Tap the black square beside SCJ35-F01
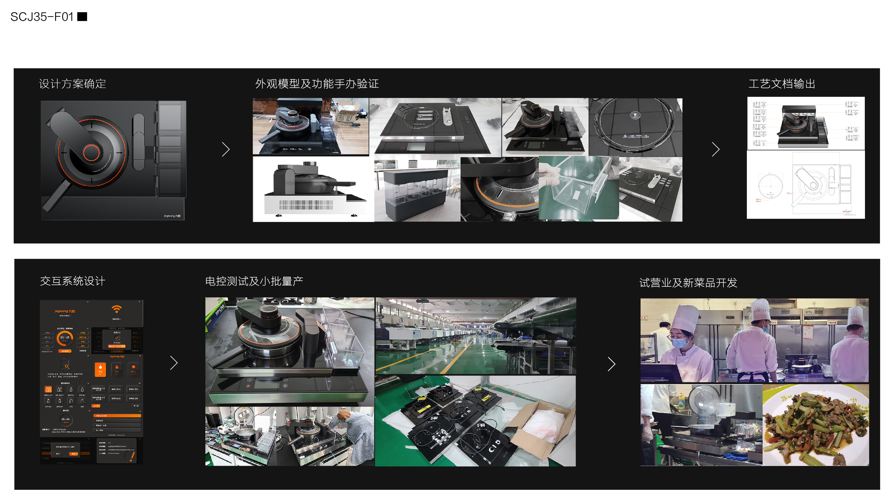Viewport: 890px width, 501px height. tap(82, 17)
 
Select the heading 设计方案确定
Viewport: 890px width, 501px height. tap(73, 84)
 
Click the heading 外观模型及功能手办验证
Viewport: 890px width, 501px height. tap(317, 84)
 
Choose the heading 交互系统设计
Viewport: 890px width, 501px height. tap(73, 281)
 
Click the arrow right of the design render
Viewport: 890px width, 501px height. tap(226, 149)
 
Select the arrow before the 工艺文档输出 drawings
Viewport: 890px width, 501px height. tap(715, 149)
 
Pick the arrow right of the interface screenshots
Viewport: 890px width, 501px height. tap(174, 363)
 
